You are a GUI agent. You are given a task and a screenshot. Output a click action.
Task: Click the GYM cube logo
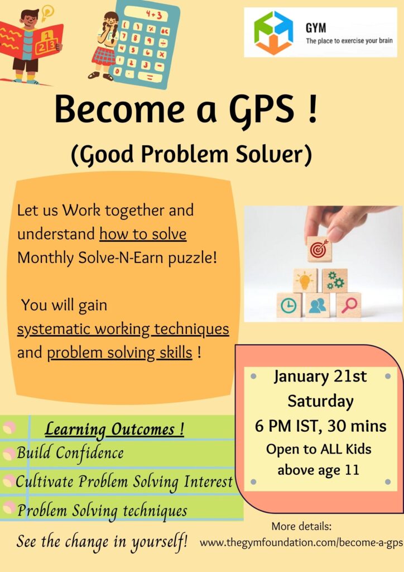click(273, 33)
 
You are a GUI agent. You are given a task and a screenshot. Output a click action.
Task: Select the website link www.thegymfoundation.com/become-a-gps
click(301, 542)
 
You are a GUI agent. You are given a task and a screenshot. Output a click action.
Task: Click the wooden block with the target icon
click(319, 249)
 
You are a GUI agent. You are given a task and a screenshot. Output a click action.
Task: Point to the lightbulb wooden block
click(305, 280)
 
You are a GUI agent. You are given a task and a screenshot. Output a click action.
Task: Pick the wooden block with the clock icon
click(289, 305)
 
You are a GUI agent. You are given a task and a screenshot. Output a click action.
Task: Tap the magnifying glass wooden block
click(349, 305)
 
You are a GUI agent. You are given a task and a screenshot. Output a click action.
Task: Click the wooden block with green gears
click(334, 280)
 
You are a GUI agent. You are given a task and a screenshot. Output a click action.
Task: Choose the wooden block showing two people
click(318, 306)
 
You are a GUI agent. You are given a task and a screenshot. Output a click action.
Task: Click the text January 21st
click(320, 376)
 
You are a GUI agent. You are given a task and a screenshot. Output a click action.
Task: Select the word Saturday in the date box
click(320, 401)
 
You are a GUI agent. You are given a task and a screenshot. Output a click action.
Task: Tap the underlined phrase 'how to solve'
click(143, 234)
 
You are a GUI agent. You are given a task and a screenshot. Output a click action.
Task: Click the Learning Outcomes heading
click(114, 429)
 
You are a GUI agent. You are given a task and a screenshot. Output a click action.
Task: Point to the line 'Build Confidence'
click(70, 452)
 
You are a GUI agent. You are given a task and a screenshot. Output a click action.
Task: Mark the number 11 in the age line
click(352, 469)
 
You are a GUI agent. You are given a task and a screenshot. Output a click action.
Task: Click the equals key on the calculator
click(150, 77)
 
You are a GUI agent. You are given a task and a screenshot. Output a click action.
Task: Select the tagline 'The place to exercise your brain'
click(349, 41)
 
